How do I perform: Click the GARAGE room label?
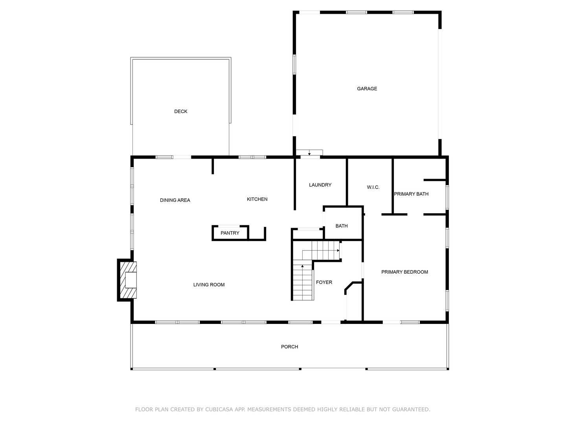coord(367,89)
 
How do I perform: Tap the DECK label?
coord(181,111)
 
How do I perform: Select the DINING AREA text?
coord(175,200)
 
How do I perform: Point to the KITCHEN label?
coord(257,199)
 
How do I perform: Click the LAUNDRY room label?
coord(320,185)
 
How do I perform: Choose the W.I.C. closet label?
coord(373,187)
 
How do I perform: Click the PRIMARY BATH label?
coord(411,194)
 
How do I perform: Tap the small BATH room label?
coord(342,226)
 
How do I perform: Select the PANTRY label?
coord(230,233)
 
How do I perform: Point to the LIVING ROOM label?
coord(209,285)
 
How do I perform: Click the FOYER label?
coord(324,282)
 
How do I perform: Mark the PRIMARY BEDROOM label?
coord(404,272)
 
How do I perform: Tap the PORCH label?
coord(289,347)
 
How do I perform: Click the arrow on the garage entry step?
coord(309,153)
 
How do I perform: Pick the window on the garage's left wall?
coord(294,65)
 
